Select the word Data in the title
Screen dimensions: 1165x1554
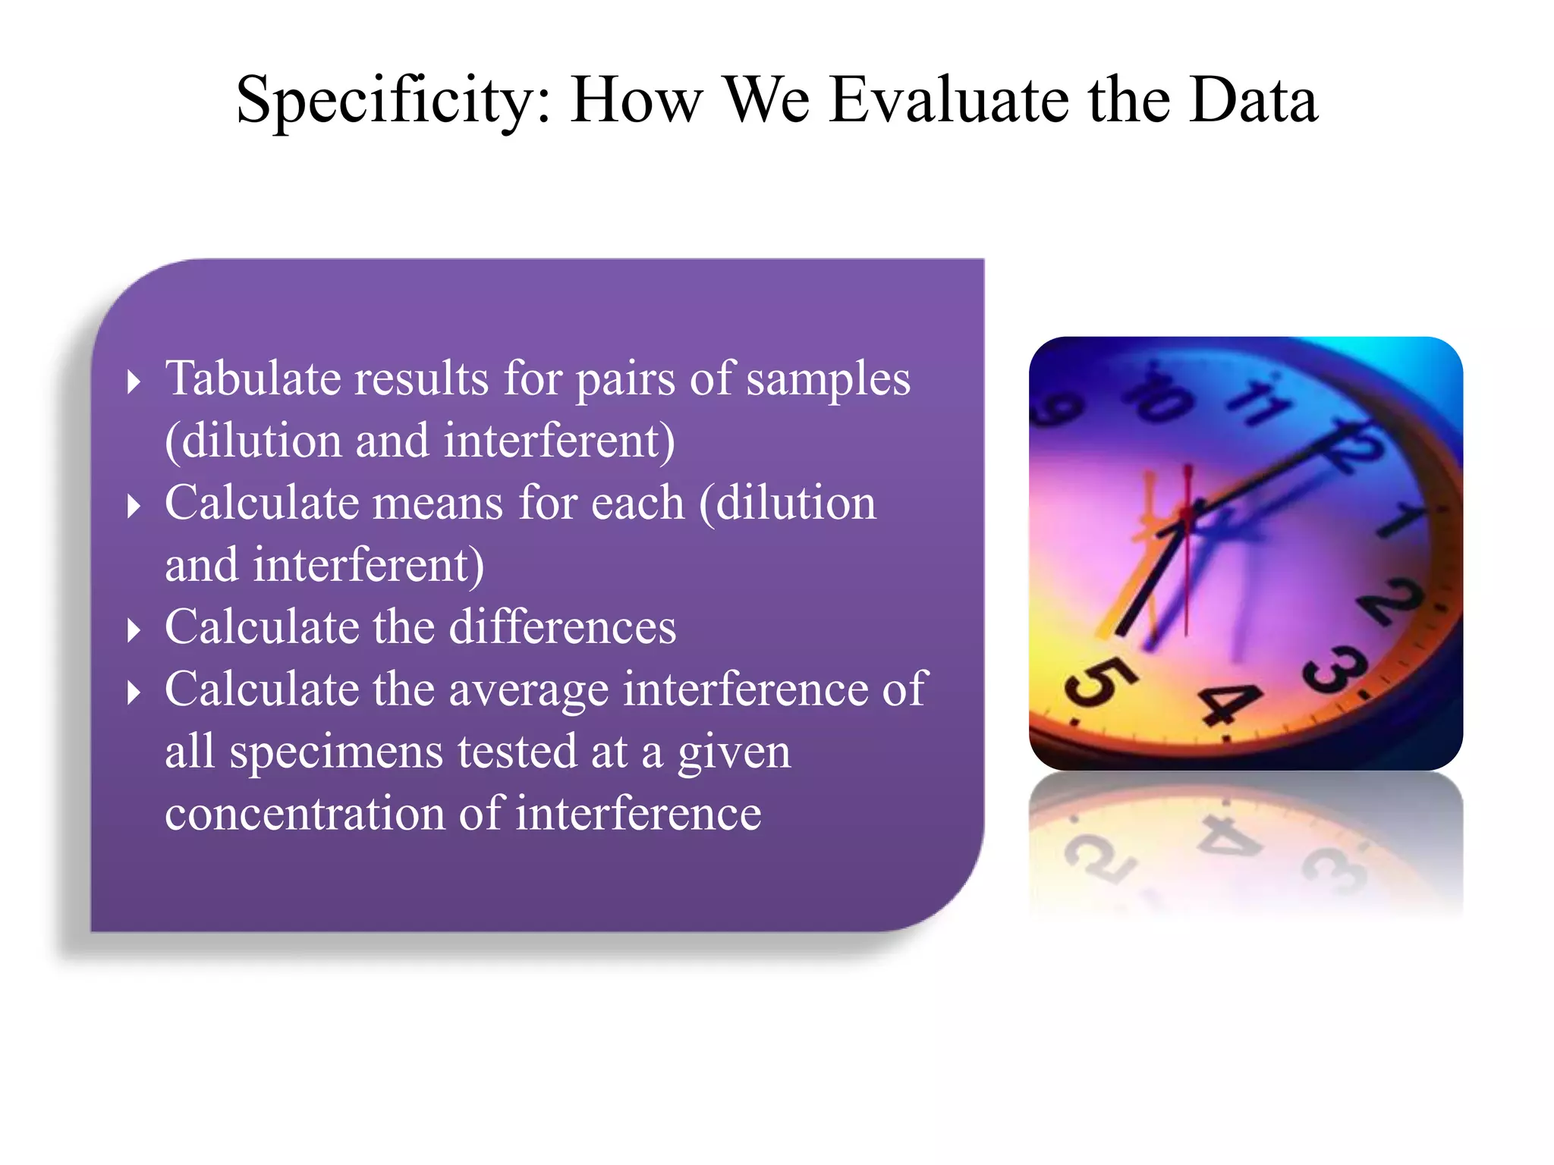point(1253,100)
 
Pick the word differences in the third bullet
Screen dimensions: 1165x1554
point(562,627)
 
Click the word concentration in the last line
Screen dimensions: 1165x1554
point(304,814)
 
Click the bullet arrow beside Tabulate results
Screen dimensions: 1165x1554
point(134,382)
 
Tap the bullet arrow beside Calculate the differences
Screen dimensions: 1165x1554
point(134,630)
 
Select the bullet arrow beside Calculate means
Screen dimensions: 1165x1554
point(134,506)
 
